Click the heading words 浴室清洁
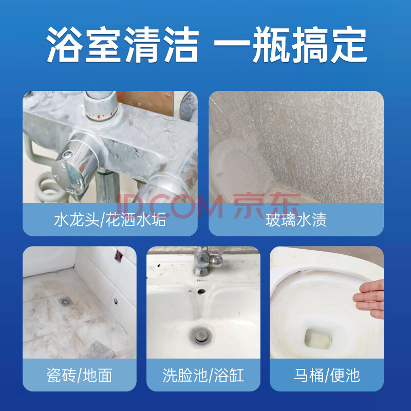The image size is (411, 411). pos(122,45)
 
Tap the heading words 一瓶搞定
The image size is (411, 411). pos(290,45)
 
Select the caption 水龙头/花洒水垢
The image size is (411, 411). pos(110,220)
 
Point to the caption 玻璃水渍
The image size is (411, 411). pos(296,220)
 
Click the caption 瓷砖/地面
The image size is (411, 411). pos(80,375)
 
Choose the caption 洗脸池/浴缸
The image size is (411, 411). pos(203,375)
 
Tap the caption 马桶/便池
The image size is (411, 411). pos(327,375)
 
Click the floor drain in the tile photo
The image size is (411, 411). pos(65,302)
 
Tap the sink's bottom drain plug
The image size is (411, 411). pos(201,334)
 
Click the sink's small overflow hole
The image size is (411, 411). pos(201,291)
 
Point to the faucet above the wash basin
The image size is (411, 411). pos(209,261)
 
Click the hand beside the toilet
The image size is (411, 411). pos(369,299)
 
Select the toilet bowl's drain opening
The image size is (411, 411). pos(318,339)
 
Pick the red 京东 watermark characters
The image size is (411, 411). pos(267,206)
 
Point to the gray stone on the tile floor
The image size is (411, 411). pos(98,350)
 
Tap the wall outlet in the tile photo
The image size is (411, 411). pos(119,255)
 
